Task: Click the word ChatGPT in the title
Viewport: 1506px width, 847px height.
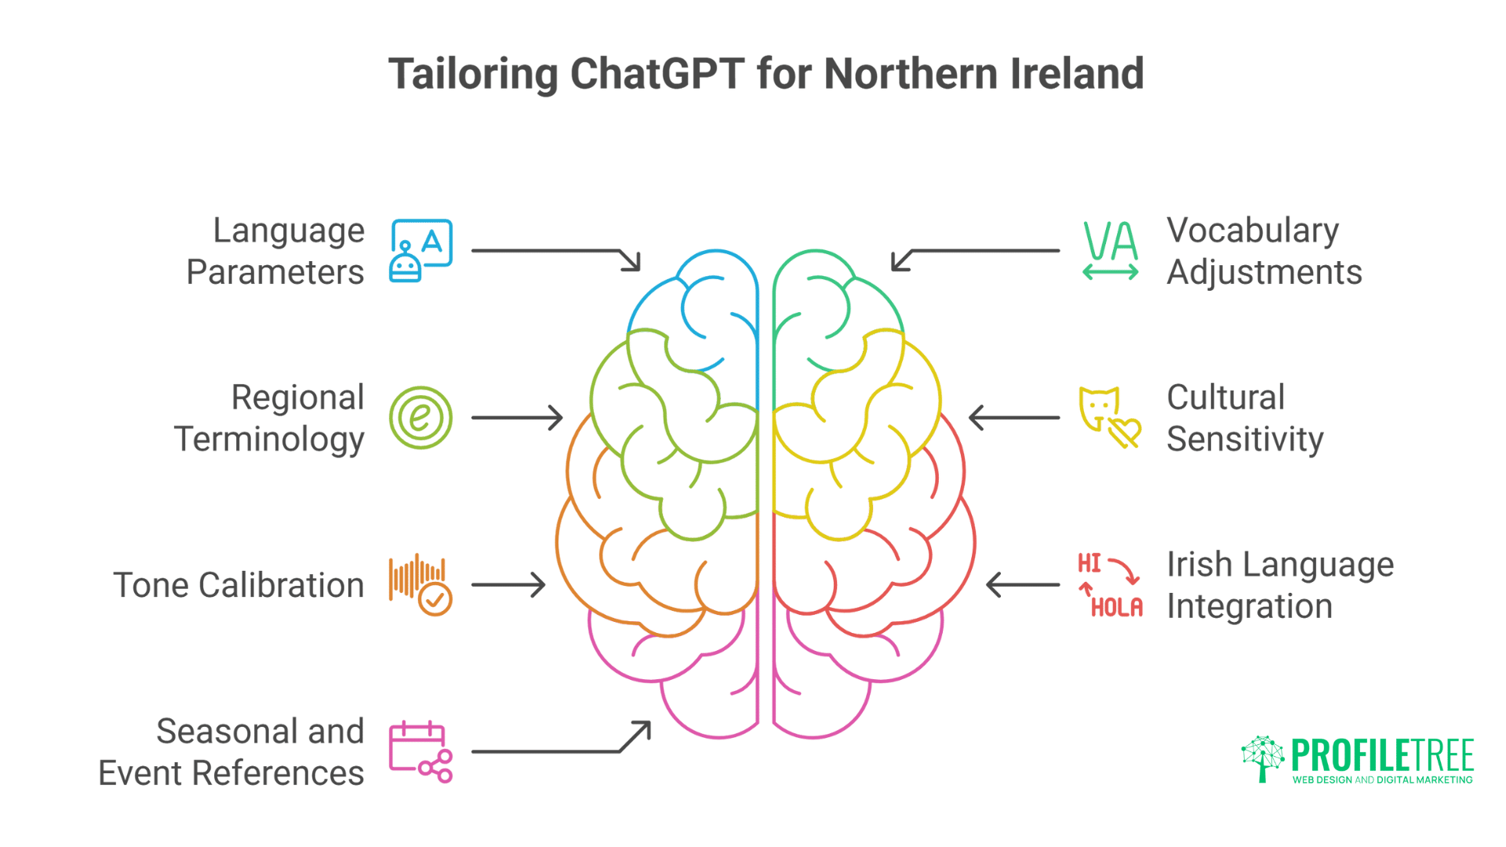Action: (657, 75)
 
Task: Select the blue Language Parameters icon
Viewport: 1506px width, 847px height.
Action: (420, 251)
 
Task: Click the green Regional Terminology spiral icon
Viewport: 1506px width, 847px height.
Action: (420, 417)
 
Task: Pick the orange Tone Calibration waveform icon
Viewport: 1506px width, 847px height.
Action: (420, 584)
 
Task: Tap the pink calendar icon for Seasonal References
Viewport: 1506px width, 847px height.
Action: (420, 751)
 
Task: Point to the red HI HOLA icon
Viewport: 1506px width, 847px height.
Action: (1110, 584)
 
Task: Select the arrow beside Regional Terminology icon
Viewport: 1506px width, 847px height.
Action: (518, 417)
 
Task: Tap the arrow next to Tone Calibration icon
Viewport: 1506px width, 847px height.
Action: (508, 584)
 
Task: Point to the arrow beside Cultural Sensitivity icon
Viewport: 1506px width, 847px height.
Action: (1014, 417)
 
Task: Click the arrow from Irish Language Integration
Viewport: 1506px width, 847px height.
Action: (1023, 584)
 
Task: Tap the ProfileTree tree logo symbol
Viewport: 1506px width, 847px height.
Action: (1262, 758)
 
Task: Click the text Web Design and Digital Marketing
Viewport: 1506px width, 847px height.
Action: (1382, 780)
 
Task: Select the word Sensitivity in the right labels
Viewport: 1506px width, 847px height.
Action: (1245, 439)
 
